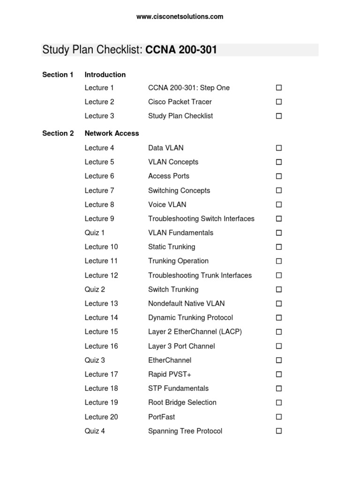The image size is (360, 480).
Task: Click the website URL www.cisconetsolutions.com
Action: [x=180, y=17]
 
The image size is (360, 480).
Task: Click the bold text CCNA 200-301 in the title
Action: [x=181, y=50]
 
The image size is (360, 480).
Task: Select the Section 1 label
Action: [x=58, y=75]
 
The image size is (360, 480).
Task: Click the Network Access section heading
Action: [x=112, y=133]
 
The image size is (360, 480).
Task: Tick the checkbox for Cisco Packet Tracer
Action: [x=278, y=102]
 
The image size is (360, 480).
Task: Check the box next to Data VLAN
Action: [x=278, y=148]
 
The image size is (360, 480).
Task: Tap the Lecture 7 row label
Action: [x=99, y=190]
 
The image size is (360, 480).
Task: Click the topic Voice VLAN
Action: [x=167, y=204]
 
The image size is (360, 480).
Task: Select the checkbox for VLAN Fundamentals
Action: [x=278, y=233]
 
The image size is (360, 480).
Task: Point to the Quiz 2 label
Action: [x=95, y=289]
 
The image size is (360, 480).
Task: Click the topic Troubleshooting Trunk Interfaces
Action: [x=200, y=275]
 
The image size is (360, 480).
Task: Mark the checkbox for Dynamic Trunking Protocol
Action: [x=278, y=318]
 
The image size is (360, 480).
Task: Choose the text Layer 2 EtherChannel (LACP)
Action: [x=195, y=331]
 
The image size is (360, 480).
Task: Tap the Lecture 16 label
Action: [x=101, y=346]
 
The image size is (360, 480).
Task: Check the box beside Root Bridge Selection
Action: [x=278, y=403]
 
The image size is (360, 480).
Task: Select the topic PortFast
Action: [x=161, y=417]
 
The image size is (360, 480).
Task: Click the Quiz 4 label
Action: [x=95, y=431]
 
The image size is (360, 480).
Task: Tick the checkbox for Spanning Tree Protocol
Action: [x=278, y=431]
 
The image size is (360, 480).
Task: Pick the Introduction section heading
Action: [x=105, y=75]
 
